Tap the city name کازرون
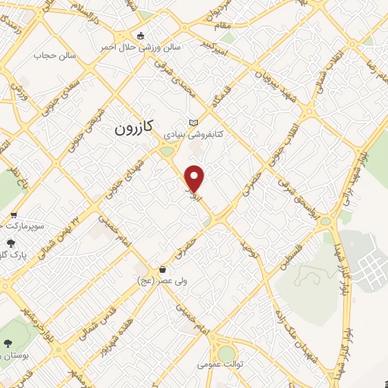point(134,129)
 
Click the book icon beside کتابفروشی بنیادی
point(193,123)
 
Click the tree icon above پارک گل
point(8,242)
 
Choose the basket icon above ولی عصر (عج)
point(162,270)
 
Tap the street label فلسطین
point(289,252)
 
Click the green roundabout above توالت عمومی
point(226,353)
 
